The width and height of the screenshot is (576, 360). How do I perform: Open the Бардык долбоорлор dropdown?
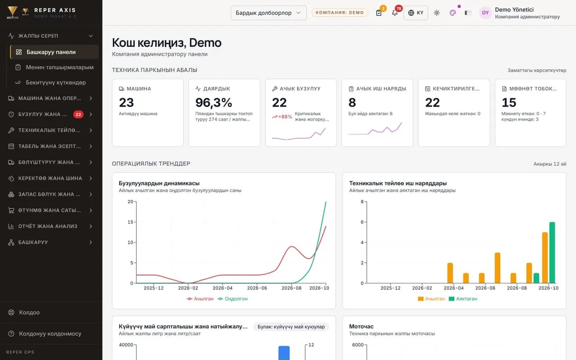coord(269,13)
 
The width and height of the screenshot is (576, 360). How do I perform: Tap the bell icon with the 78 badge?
coord(395,13)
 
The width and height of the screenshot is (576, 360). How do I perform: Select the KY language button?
coord(415,13)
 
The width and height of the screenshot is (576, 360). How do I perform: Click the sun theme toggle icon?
coord(436,13)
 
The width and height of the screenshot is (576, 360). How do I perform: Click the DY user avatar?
coord(485,13)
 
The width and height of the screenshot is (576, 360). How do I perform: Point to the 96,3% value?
coord(214,102)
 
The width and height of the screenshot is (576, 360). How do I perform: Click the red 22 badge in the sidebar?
coord(78,114)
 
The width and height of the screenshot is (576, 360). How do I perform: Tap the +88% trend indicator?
coord(282,117)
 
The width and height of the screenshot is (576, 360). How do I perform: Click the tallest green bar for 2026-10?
coord(552,252)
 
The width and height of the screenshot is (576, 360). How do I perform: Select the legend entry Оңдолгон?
coord(233,299)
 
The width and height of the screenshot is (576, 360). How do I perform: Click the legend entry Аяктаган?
coord(463,299)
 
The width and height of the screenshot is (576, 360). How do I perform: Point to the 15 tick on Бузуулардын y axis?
coord(130,222)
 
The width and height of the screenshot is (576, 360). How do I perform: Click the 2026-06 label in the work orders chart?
coord(485,288)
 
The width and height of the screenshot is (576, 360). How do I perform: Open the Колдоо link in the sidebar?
coord(29,312)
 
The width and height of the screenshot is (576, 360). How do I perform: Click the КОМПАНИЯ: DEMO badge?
coord(340,13)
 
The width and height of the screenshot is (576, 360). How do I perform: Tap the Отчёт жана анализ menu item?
coord(48,226)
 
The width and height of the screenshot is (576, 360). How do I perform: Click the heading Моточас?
coord(361,326)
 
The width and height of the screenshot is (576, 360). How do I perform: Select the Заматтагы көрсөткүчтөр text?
coord(537,70)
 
